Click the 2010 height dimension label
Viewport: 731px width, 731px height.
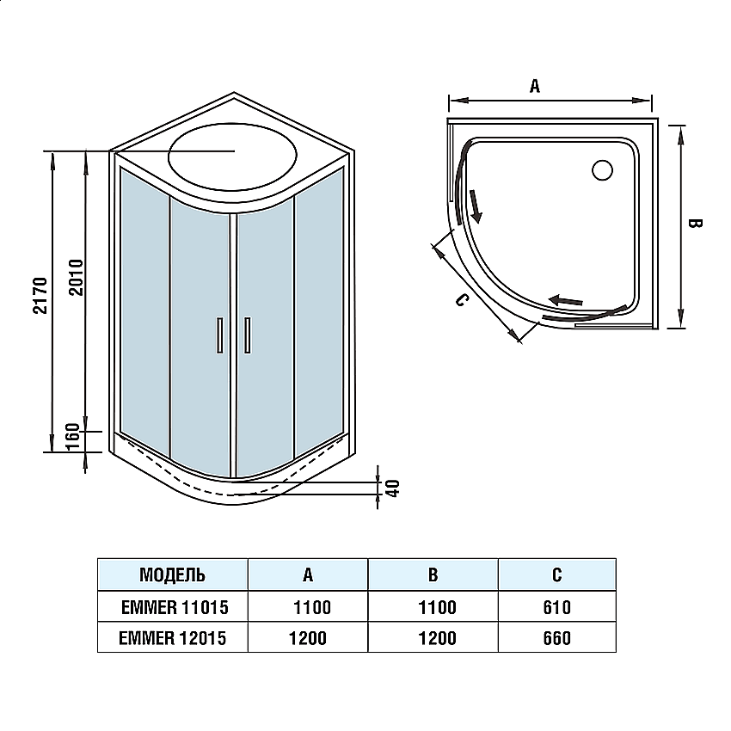(x=75, y=277)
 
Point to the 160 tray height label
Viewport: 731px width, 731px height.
(x=75, y=436)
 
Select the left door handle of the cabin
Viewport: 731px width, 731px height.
(x=218, y=335)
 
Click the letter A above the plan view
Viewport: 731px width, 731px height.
(x=534, y=85)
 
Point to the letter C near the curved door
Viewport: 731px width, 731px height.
(x=461, y=300)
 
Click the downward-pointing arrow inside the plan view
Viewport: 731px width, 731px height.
(x=474, y=204)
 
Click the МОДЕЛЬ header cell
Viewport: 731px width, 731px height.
(x=172, y=574)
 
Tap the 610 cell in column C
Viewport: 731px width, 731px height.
(x=556, y=608)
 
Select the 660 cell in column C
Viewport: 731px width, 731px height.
(x=556, y=638)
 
